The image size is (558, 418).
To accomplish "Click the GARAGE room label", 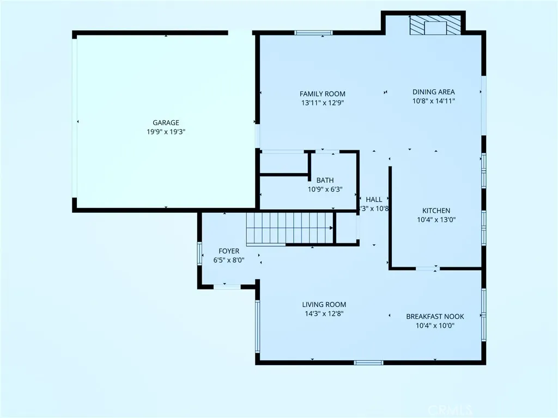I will coord(166,122).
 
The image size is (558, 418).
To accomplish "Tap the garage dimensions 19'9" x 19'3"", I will coord(166,132).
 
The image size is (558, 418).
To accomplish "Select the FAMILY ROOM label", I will coord(322,94).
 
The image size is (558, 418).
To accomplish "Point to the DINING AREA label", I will coord(433,92).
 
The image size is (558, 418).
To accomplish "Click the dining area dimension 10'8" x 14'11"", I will coord(433,101).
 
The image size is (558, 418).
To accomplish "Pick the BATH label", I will coord(325,180).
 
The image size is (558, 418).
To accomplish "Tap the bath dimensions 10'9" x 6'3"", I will coord(325,189).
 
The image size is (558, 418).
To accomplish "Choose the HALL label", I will coord(374,199).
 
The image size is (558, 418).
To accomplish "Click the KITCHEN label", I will coord(436,211).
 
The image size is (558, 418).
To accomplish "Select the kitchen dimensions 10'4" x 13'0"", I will coord(436,220).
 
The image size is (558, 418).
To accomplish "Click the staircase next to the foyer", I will coord(289,229).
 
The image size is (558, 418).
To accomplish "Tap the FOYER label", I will coord(229,251).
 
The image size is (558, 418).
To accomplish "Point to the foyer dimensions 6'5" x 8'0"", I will coord(229,260).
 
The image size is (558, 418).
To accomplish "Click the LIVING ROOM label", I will coord(324,304).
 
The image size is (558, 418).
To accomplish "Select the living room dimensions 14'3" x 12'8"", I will coord(324,313).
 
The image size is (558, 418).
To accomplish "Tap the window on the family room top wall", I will coord(313,33).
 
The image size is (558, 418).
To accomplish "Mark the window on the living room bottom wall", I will coord(368,362).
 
